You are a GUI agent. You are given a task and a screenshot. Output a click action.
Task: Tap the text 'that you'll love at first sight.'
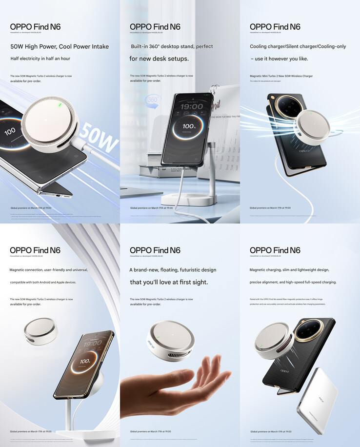coord(168,282)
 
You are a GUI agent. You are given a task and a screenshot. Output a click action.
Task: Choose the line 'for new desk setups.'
coord(159,59)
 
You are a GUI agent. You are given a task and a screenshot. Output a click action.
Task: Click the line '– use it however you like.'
coord(279,59)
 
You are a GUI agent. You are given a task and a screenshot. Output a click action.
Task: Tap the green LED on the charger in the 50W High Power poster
coord(60,105)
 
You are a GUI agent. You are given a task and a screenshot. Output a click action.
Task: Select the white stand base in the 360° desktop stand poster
coord(195,200)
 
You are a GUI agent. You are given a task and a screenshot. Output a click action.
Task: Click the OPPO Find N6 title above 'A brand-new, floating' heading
coord(155,250)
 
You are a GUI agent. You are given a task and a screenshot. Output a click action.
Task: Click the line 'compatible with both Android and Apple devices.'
coord(43,282)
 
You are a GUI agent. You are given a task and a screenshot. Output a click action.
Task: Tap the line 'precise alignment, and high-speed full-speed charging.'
coord(293,282)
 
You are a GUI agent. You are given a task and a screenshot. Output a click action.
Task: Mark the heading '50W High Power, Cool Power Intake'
coord(60,47)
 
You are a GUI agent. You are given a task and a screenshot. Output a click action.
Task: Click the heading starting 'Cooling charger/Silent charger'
coord(298,47)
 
